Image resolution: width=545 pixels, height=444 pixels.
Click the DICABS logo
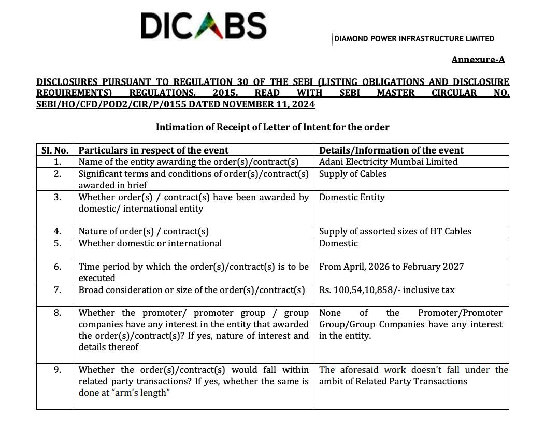point(203,25)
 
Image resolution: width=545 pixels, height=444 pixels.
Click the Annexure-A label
point(478,59)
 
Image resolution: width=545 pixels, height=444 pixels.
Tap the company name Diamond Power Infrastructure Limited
point(414,39)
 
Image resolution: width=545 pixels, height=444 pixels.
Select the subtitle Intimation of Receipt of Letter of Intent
point(272,127)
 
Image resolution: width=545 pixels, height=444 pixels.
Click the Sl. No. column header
point(55,150)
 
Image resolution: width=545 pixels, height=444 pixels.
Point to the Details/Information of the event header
point(391,150)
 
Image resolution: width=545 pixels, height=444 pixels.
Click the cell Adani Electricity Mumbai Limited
point(388,162)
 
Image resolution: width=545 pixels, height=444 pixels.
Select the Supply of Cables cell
point(353,174)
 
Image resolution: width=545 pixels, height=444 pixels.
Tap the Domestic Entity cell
point(352,197)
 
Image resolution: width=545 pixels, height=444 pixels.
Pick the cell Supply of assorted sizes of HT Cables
point(395,231)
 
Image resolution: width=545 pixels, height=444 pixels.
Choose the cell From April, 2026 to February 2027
point(391,267)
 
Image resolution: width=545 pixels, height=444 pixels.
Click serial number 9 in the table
point(57,370)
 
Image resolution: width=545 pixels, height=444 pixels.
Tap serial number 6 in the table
point(57,267)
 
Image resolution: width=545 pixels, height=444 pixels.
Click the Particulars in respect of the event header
point(153,150)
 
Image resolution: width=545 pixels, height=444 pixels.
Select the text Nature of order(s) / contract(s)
point(144,231)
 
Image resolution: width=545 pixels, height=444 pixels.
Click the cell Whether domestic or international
point(150,243)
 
